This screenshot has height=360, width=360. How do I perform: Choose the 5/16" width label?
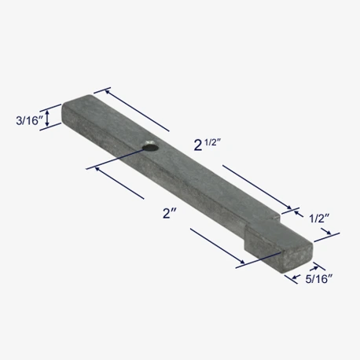pos(316,278)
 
